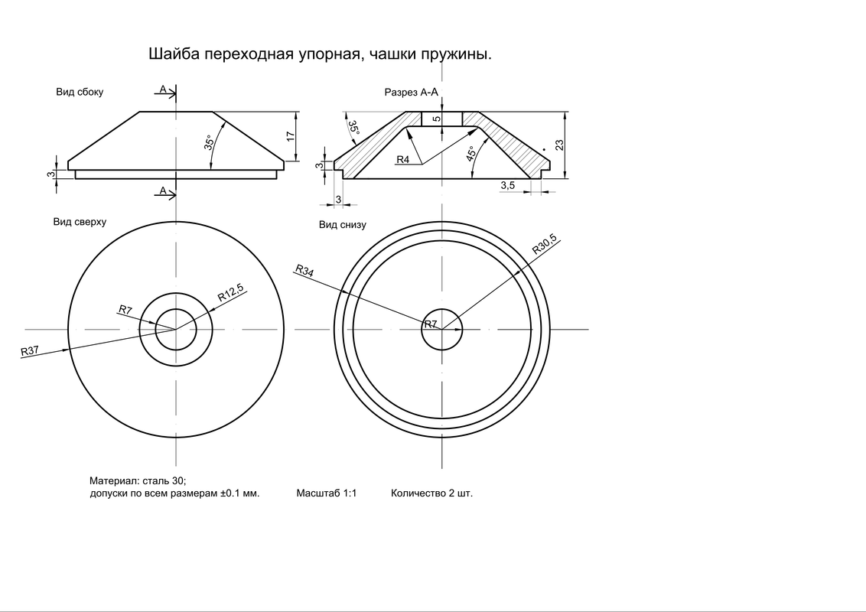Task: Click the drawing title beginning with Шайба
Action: [318, 55]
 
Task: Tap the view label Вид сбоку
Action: [80, 92]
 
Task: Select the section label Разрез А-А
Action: [411, 92]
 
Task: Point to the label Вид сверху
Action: [80, 222]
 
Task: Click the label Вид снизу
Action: [343, 225]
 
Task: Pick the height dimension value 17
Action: [290, 135]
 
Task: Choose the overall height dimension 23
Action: [559, 145]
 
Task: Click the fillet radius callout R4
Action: [404, 160]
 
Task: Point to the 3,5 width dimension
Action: [508, 185]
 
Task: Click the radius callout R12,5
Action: [230, 291]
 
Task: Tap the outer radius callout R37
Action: [30, 351]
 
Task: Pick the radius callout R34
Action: [304, 269]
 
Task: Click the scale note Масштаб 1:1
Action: [327, 493]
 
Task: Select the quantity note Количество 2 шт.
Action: [431, 493]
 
